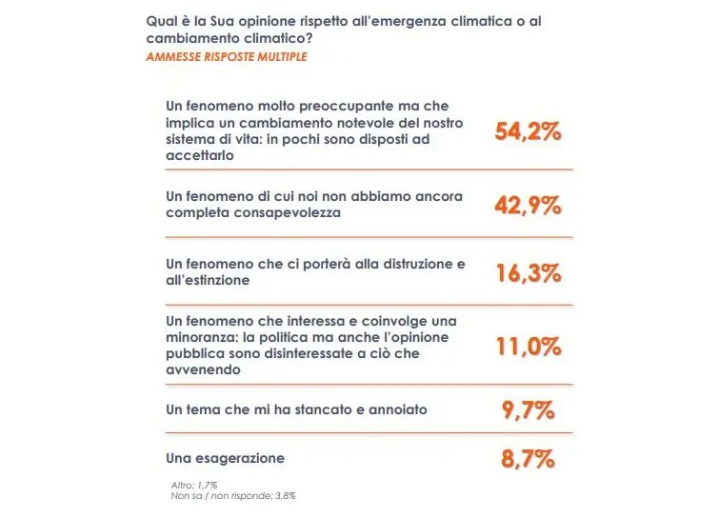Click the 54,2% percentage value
(x=528, y=132)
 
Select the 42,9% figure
(x=528, y=204)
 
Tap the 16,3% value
(x=528, y=272)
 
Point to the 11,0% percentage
(x=528, y=345)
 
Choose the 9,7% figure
(x=528, y=411)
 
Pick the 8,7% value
(x=528, y=459)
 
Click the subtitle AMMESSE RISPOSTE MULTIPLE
(x=227, y=57)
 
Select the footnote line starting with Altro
(x=193, y=484)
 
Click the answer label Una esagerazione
(x=225, y=458)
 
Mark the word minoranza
(x=201, y=338)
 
